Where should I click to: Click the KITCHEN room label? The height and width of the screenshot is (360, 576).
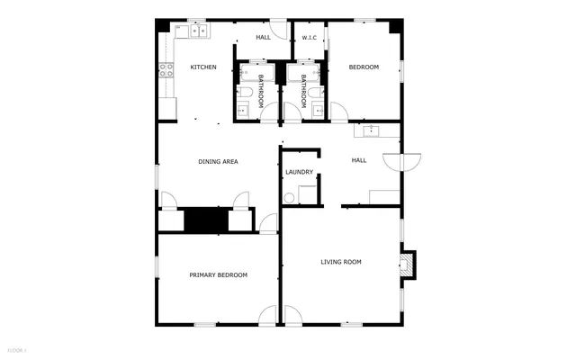pyautogui.click(x=202, y=67)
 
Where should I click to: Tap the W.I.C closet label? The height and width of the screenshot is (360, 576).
pyautogui.click(x=310, y=38)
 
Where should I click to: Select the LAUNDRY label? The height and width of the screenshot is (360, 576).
pyautogui.click(x=299, y=172)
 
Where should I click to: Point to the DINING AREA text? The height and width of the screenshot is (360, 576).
pyautogui.click(x=218, y=162)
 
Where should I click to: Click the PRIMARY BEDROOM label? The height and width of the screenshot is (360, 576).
pyautogui.click(x=218, y=274)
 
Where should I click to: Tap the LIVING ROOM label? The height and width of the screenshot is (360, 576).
pyautogui.click(x=341, y=262)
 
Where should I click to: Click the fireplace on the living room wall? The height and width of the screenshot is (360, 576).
pyautogui.click(x=408, y=263)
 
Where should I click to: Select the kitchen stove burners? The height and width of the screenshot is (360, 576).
pyautogui.click(x=165, y=67)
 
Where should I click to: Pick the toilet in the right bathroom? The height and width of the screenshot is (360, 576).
pyautogui.click(x=319, y=92)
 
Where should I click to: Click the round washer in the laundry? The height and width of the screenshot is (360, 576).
pyautogui.click(x=290, y=198)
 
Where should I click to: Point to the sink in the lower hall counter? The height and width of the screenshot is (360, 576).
pyautogui.click(x=371, y=131)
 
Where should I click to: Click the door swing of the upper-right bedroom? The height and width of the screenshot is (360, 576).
pyautogui.click(x=339, y=112)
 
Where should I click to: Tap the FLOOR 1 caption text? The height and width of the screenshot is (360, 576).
pyautogui.click(x=16, y=348)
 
